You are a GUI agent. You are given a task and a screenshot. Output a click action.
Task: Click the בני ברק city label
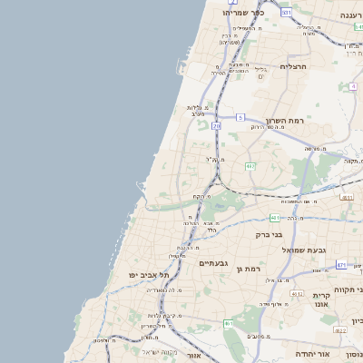coord(272,234)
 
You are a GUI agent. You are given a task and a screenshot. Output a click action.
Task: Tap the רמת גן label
coord(247,269)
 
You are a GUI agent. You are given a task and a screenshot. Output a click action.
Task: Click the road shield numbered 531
coord(286,13)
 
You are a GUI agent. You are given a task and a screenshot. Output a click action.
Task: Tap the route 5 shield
coord(240,117)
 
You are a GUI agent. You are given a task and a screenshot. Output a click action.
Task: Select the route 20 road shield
coord(216,126)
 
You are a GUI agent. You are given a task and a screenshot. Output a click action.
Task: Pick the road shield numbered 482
coord(250,165)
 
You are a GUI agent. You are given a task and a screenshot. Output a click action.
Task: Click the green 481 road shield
coord(275,218)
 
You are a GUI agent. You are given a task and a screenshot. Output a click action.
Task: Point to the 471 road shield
coord(341,265)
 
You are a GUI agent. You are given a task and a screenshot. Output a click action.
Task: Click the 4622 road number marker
coord(339,331)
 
